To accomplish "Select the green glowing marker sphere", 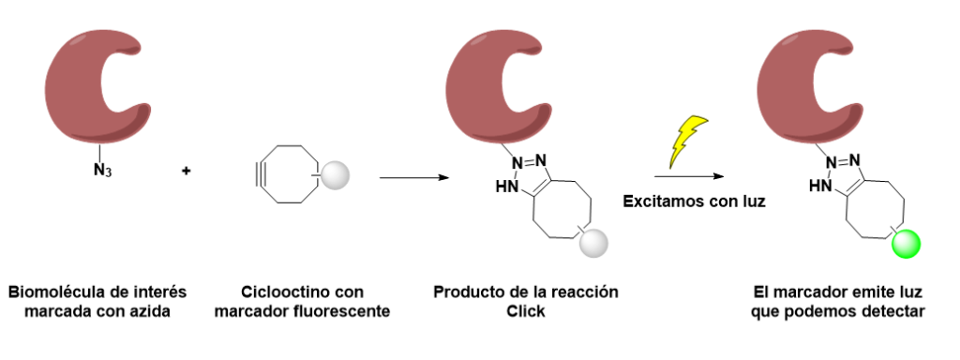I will (906, 246).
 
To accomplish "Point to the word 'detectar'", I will (890, 310).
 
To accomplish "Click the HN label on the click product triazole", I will (507, 187).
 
